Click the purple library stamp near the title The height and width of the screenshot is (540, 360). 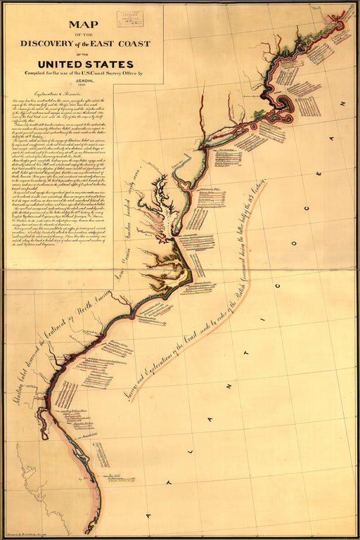(x=129, y=18)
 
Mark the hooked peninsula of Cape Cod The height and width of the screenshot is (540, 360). (x=290, y=104)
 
